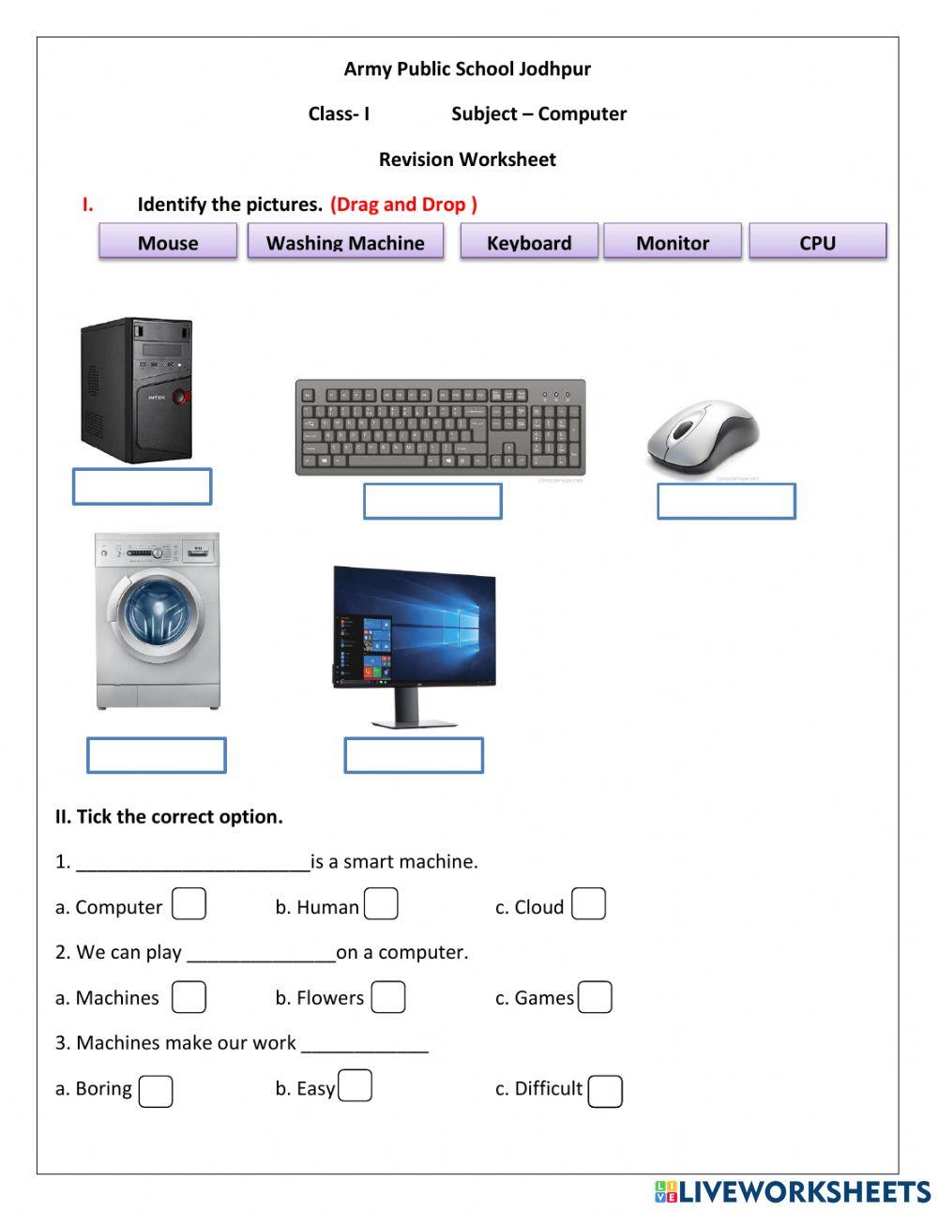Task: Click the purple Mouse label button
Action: tap(168, 241)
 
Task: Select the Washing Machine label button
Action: tap(345, 241)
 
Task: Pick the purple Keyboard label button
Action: tap(529, 241)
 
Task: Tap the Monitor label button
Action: tap(673, 241)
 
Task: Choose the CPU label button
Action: tap(817, 241)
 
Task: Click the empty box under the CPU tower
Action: tap(143, 486)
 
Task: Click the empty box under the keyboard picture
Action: tap(432, 501)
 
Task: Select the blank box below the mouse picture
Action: tap(726, 501)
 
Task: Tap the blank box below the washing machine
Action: tap(157, 755)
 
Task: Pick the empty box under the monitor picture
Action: tap(414, 755)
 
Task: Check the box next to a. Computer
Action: tap(189, 904)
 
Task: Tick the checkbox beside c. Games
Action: tap(595, 997)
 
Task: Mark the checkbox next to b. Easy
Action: tap(356, 1086)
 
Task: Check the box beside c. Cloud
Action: tap(588, 904)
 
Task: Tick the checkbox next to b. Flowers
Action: tap(387, 997)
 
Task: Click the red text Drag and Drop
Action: tap(403, 204)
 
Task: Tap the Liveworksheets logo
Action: tap(793, 1191)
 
